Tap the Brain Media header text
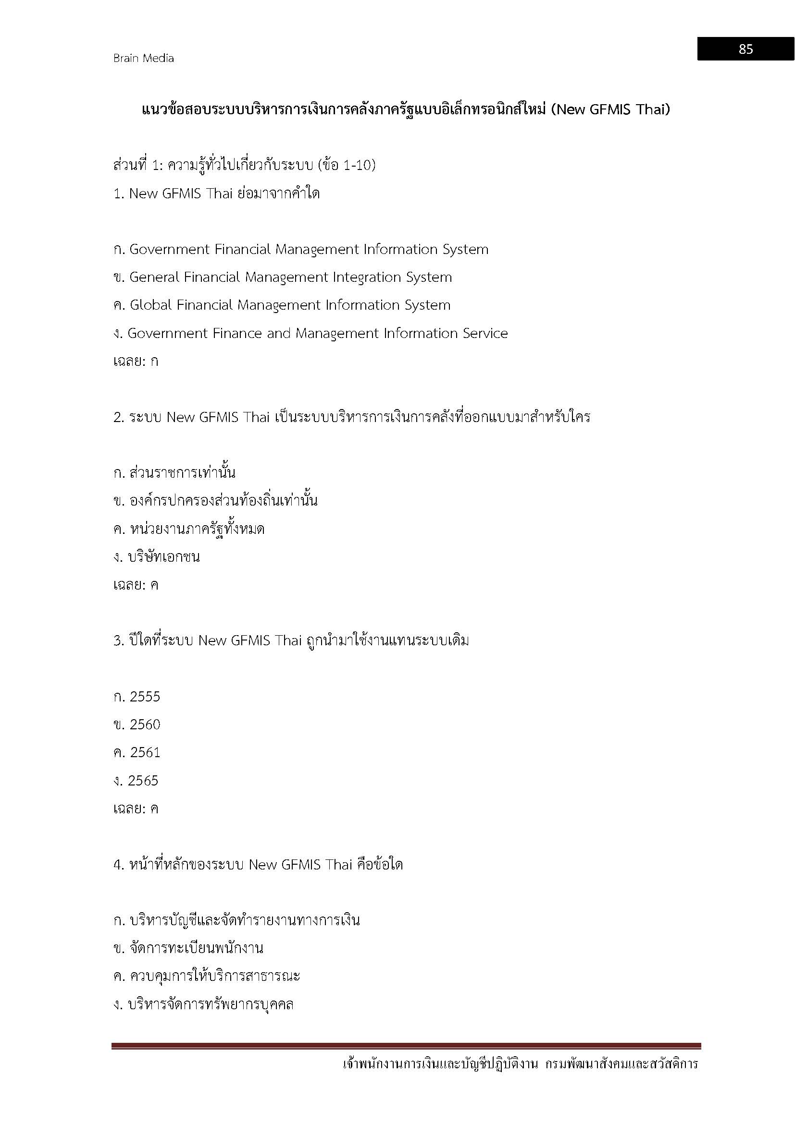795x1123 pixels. (143, 58)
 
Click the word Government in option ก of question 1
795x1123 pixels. (169, 250)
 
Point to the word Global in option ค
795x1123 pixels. (151, 305)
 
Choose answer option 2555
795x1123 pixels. (145, 697)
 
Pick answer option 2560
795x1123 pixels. (145, 725)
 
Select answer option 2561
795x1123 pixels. (145, 753)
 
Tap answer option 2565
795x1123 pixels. (143, 781)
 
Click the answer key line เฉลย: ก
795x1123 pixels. (136, 362)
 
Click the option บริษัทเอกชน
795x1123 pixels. (163, 557)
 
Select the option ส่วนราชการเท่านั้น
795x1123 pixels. (182, 473)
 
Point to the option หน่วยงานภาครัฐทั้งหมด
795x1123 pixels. (197, 529)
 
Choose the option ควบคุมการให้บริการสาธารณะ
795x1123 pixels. (214, 976)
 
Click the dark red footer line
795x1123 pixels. (406, 1046)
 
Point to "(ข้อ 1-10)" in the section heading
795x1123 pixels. (347, 165)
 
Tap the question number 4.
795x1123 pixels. (118, 865)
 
